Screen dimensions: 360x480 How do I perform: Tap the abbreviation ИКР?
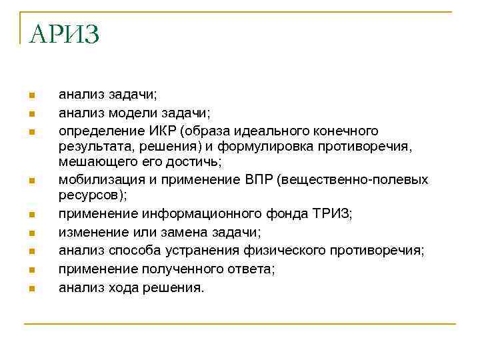[168, 130]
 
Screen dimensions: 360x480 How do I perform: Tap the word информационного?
[203, 214]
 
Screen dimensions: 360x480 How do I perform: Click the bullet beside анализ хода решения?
[31, 289]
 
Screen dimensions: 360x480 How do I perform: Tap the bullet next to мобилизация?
[31, 181]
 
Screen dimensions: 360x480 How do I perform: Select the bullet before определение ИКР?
[31, 131]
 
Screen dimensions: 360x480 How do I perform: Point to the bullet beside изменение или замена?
[31, 233]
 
